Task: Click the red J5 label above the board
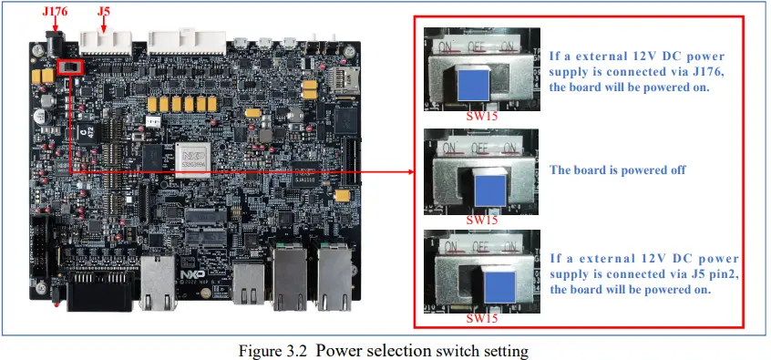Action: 104,12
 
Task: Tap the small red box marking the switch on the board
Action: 69,67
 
